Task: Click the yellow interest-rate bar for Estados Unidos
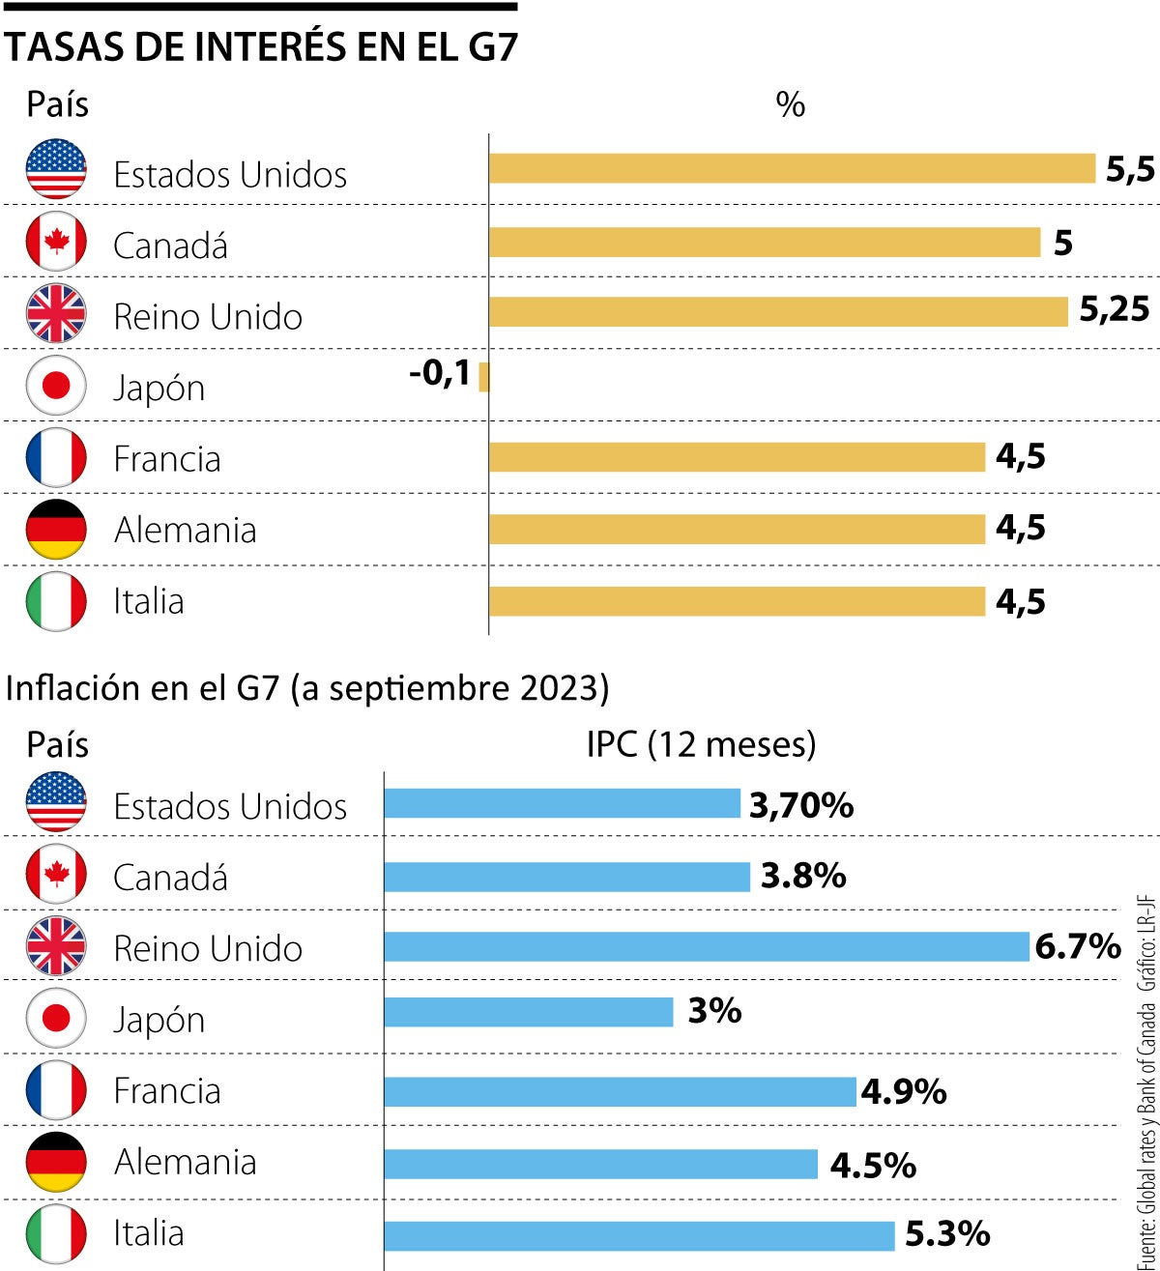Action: [x=792, y=168]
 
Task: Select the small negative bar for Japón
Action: [x=484, y=377]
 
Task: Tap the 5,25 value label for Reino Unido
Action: [x=1114, y=309]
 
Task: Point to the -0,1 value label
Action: [x=440, y=373]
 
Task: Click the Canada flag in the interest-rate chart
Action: [x=56, y=242]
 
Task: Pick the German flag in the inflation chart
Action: [x=56, y=1162]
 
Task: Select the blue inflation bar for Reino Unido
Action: [x=707, y=947]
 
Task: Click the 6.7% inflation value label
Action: [x=1078, y=946]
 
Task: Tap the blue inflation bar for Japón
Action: [x=529, y=1012]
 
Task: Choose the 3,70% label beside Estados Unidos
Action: [x=801, y=804]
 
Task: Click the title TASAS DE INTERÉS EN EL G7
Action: [x=261, y=46]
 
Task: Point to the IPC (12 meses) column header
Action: [x=701, y=744]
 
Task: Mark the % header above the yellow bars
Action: [x=790, y=104]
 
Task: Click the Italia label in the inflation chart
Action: [x=148, y=1233]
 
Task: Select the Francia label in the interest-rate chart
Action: [x=167, y=458]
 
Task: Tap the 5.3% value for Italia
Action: [x=947, y=1233]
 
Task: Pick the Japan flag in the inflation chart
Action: [x=56, y=1019]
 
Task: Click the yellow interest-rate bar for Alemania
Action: [x=737, y=529]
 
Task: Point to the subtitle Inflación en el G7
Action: [x=307, y=688]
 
